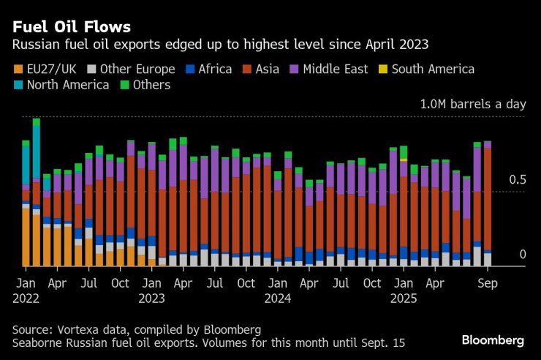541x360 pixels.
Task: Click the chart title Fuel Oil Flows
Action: [x=70, y=27]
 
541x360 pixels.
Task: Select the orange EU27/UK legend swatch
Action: [x=18, y=70]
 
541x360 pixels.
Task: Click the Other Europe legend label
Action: [x=137, y=70]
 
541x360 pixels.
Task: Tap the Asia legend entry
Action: [x=269, y=70]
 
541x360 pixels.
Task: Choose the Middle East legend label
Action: [x=337, y=70]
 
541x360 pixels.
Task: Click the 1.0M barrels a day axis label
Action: [x=472, y=105]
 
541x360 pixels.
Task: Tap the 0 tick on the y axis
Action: [x=522, y=254]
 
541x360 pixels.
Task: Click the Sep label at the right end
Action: [x=487, y=283]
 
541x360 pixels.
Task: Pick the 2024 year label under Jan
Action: [x=279, y=299]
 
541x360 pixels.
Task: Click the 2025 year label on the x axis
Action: [x=404, y=299]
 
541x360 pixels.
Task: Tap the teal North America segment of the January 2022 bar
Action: [x=26, y=165]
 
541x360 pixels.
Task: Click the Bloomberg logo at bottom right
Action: [x=493, y=341]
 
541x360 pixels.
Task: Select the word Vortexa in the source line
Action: [x=80, y=329]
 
